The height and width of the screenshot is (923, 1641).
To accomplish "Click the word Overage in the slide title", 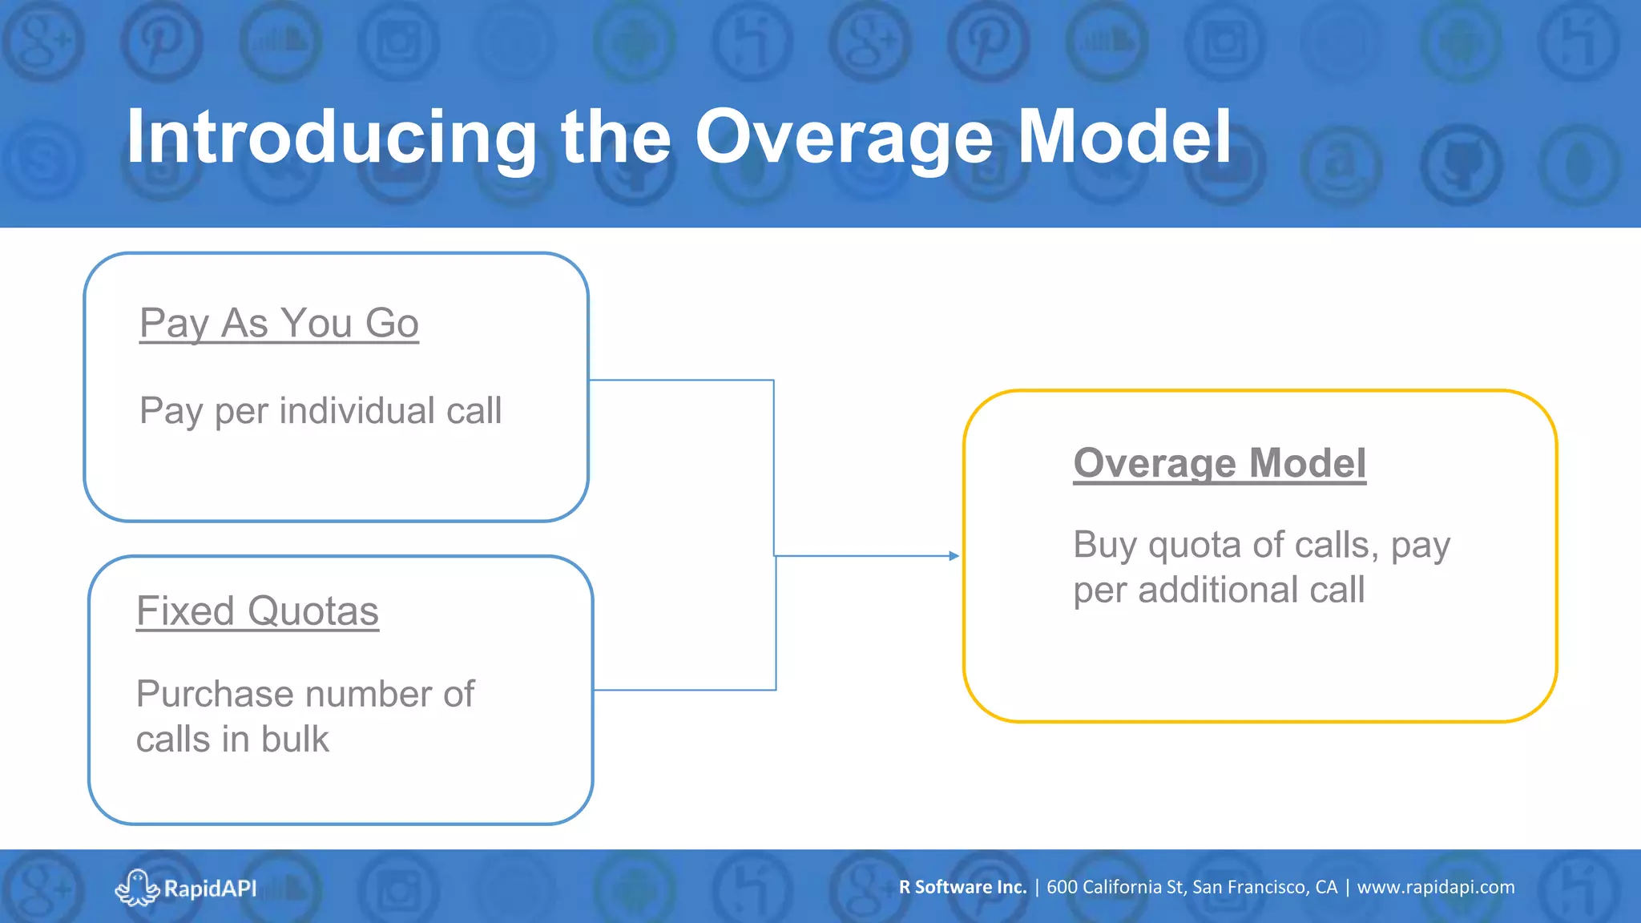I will pos(844,138).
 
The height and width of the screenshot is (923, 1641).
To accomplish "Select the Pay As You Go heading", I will pos(279,324).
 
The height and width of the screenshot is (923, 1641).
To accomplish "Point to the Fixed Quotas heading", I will pos(257,611).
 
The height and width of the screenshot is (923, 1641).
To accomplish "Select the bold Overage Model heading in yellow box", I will pos(1219,463).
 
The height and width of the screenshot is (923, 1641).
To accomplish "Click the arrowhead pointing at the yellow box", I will pos(954,555).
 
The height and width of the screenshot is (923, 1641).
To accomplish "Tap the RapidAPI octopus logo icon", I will pos(137,887).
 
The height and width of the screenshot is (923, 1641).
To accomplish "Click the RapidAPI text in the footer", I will pos(210,889).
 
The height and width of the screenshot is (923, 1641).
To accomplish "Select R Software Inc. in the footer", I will pos(962,887).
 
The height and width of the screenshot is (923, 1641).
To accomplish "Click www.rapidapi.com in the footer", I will pos(1435,887).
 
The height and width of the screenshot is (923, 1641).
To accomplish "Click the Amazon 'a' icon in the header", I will pos(1341,164).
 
